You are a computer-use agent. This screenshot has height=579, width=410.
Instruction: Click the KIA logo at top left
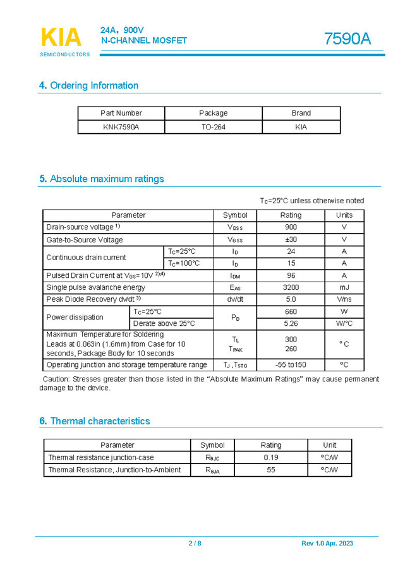click(x=61, y=38)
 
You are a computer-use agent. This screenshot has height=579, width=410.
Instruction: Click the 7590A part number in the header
click(x=347, y=39)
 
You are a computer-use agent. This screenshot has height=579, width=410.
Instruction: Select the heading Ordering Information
click(x=88, y=86)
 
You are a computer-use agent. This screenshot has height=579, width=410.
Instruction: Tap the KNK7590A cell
click(x=121, y=127)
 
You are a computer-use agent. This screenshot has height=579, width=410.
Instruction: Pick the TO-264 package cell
click(x=213, y=127)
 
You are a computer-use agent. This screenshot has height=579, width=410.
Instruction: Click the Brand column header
click(x=301, y=113)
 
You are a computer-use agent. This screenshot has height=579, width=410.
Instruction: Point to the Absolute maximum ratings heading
click(x=101, y=179)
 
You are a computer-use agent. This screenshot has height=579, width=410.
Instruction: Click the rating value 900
click(x=291, y=227)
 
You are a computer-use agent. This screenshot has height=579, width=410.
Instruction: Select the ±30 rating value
click(x=291, y=240)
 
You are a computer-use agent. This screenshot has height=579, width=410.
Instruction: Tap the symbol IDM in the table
click(x=235, y=276)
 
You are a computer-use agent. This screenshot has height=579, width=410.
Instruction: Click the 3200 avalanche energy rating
click(x=291, y=288)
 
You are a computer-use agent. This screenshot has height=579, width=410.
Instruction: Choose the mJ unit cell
click(x=344, y=288)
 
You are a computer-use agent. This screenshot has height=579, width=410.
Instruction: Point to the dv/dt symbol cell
click(x=235, y=299)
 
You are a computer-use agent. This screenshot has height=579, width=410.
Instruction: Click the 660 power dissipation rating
click(x=291, y=311)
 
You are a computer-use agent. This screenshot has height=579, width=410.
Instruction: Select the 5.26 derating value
click(x=291, y=323)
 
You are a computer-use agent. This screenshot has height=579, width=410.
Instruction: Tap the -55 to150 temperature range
click(x=291, y=365)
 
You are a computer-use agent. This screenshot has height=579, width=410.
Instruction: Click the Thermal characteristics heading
click(x=94, y=421)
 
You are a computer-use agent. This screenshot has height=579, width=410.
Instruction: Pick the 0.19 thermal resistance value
click(x=271, y=458)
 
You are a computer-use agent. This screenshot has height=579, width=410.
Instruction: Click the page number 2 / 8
click(x=195, y=544)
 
